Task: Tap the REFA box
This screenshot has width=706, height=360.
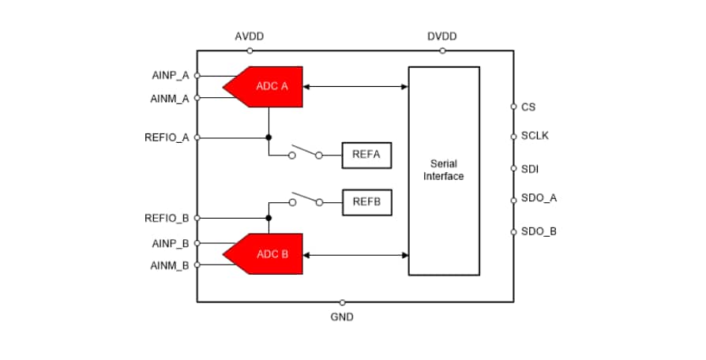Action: [x=366, y=155]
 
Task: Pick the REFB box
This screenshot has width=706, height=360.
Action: [x=366, y=202]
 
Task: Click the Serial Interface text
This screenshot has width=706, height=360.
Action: [x=443, y=170]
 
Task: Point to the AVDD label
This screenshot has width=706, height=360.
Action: [x=249, y=36]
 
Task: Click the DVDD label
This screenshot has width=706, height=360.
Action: [x=442, y=36]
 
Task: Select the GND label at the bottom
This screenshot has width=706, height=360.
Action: [x=342, y=317]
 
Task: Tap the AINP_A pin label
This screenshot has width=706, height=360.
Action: [x=170, y=76]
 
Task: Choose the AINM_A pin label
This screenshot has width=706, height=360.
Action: [x=170, y=99]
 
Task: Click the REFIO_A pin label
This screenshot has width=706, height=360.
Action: [x=167, y=137]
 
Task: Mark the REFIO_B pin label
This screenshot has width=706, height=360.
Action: [x=167, y=218]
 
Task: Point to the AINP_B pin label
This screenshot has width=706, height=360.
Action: [x=170, y=243]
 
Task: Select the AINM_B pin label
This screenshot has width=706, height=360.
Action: [x=170, y=265]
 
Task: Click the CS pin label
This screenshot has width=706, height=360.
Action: [x=528, y=107]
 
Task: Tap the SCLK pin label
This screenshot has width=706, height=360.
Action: [x=535, y=136]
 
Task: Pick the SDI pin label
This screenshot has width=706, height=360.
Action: [x=530, y=168]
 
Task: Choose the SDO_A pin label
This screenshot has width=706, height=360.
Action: [x=539, y=198]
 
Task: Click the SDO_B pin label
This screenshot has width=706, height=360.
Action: [x=539, y=231]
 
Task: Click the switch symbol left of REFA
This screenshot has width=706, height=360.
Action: [x=305, y=152]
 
